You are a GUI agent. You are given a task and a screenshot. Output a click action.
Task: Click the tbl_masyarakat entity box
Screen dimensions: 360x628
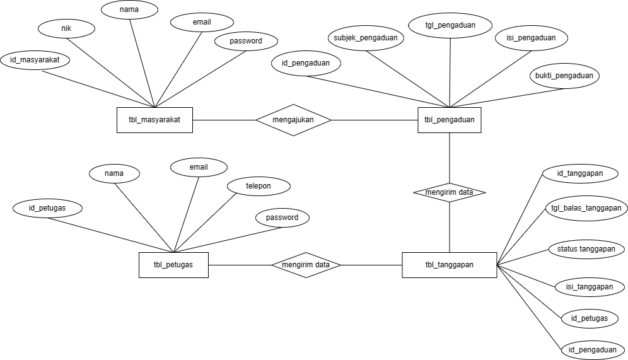(154, 120)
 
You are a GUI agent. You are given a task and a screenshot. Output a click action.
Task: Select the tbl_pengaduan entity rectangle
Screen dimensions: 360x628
(449, 120)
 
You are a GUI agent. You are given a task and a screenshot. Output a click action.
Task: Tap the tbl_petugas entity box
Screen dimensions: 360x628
(173, 265)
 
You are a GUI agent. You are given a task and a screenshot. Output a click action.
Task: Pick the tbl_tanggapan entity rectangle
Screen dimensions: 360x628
(449, 265)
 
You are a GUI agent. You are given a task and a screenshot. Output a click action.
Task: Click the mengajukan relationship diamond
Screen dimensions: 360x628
(293, 119)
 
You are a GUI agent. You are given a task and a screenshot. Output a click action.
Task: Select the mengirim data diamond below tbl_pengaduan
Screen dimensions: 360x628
(449, 192)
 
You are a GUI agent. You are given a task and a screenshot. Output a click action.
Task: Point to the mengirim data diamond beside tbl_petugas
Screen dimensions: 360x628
(306, 265)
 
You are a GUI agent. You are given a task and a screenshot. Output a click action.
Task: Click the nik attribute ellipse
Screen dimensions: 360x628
(66, 28)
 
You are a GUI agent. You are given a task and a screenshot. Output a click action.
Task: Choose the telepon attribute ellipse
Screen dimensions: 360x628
(259, 186)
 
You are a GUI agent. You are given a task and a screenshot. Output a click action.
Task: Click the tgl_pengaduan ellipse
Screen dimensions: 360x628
(451, 25)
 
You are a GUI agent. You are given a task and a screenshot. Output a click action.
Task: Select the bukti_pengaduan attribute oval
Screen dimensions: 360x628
(564, 76)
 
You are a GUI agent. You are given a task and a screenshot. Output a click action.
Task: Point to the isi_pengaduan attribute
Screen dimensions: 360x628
(531, 38)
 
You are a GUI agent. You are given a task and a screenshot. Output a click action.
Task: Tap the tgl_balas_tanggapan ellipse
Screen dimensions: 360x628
(586, 208)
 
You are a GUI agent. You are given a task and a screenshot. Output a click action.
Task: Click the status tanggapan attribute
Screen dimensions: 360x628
(586, 249)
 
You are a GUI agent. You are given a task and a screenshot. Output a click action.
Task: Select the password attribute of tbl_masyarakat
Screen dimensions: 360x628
(246, 41)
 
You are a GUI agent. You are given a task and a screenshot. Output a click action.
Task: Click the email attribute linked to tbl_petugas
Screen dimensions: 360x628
(199, 167)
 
